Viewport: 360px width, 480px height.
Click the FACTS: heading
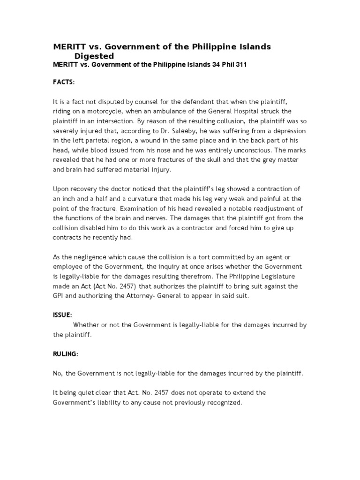coord(64,82)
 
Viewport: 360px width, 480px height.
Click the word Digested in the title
coord(95,56)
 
